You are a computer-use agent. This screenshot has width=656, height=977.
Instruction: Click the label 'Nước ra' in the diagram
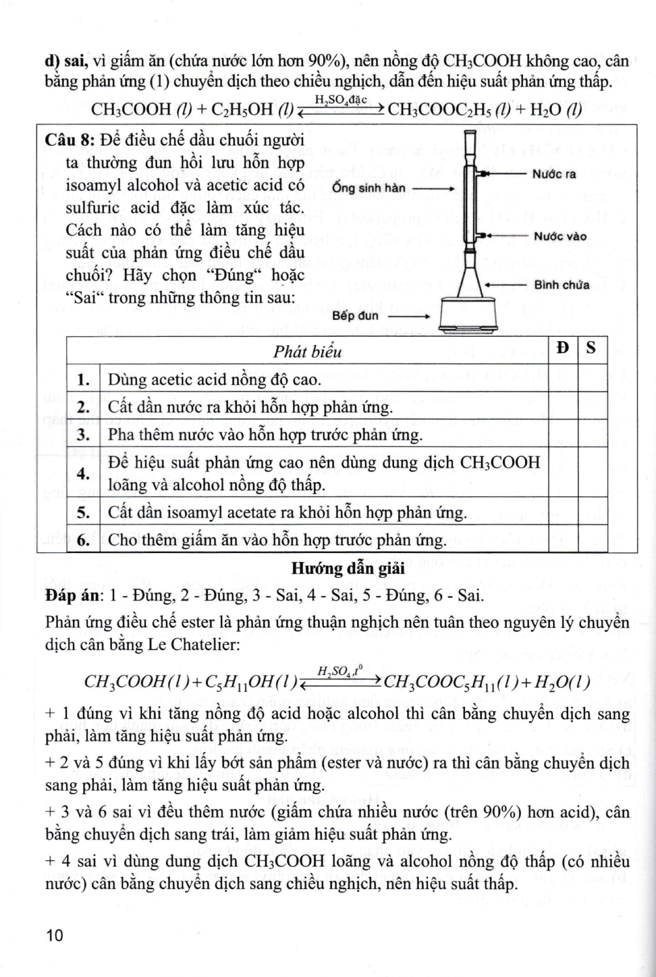pos(554,175)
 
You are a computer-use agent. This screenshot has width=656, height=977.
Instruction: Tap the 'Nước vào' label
pos(560,236)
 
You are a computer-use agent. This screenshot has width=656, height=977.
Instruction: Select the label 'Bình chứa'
pos(562,285)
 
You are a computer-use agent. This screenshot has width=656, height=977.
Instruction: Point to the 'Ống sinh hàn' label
pos(369,188)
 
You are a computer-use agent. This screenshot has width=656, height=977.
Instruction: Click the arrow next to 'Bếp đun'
pos(410,316)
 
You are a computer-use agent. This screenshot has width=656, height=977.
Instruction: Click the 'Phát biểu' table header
pos(307,352)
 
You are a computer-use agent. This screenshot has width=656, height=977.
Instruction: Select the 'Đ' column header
pos(563,348)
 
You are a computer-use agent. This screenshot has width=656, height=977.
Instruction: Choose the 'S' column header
pos(591,348)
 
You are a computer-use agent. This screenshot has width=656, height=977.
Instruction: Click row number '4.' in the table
pos(83,474)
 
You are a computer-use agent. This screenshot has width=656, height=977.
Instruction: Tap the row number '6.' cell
pos(83,539)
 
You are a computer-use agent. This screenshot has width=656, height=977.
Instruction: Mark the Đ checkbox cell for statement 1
pos(563,379)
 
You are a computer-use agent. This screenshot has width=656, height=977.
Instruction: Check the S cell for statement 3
pos(591,434)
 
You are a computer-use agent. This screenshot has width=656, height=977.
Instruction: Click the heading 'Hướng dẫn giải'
pos(348,569)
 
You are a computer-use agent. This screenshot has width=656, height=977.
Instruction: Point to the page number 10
pos(55,936)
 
